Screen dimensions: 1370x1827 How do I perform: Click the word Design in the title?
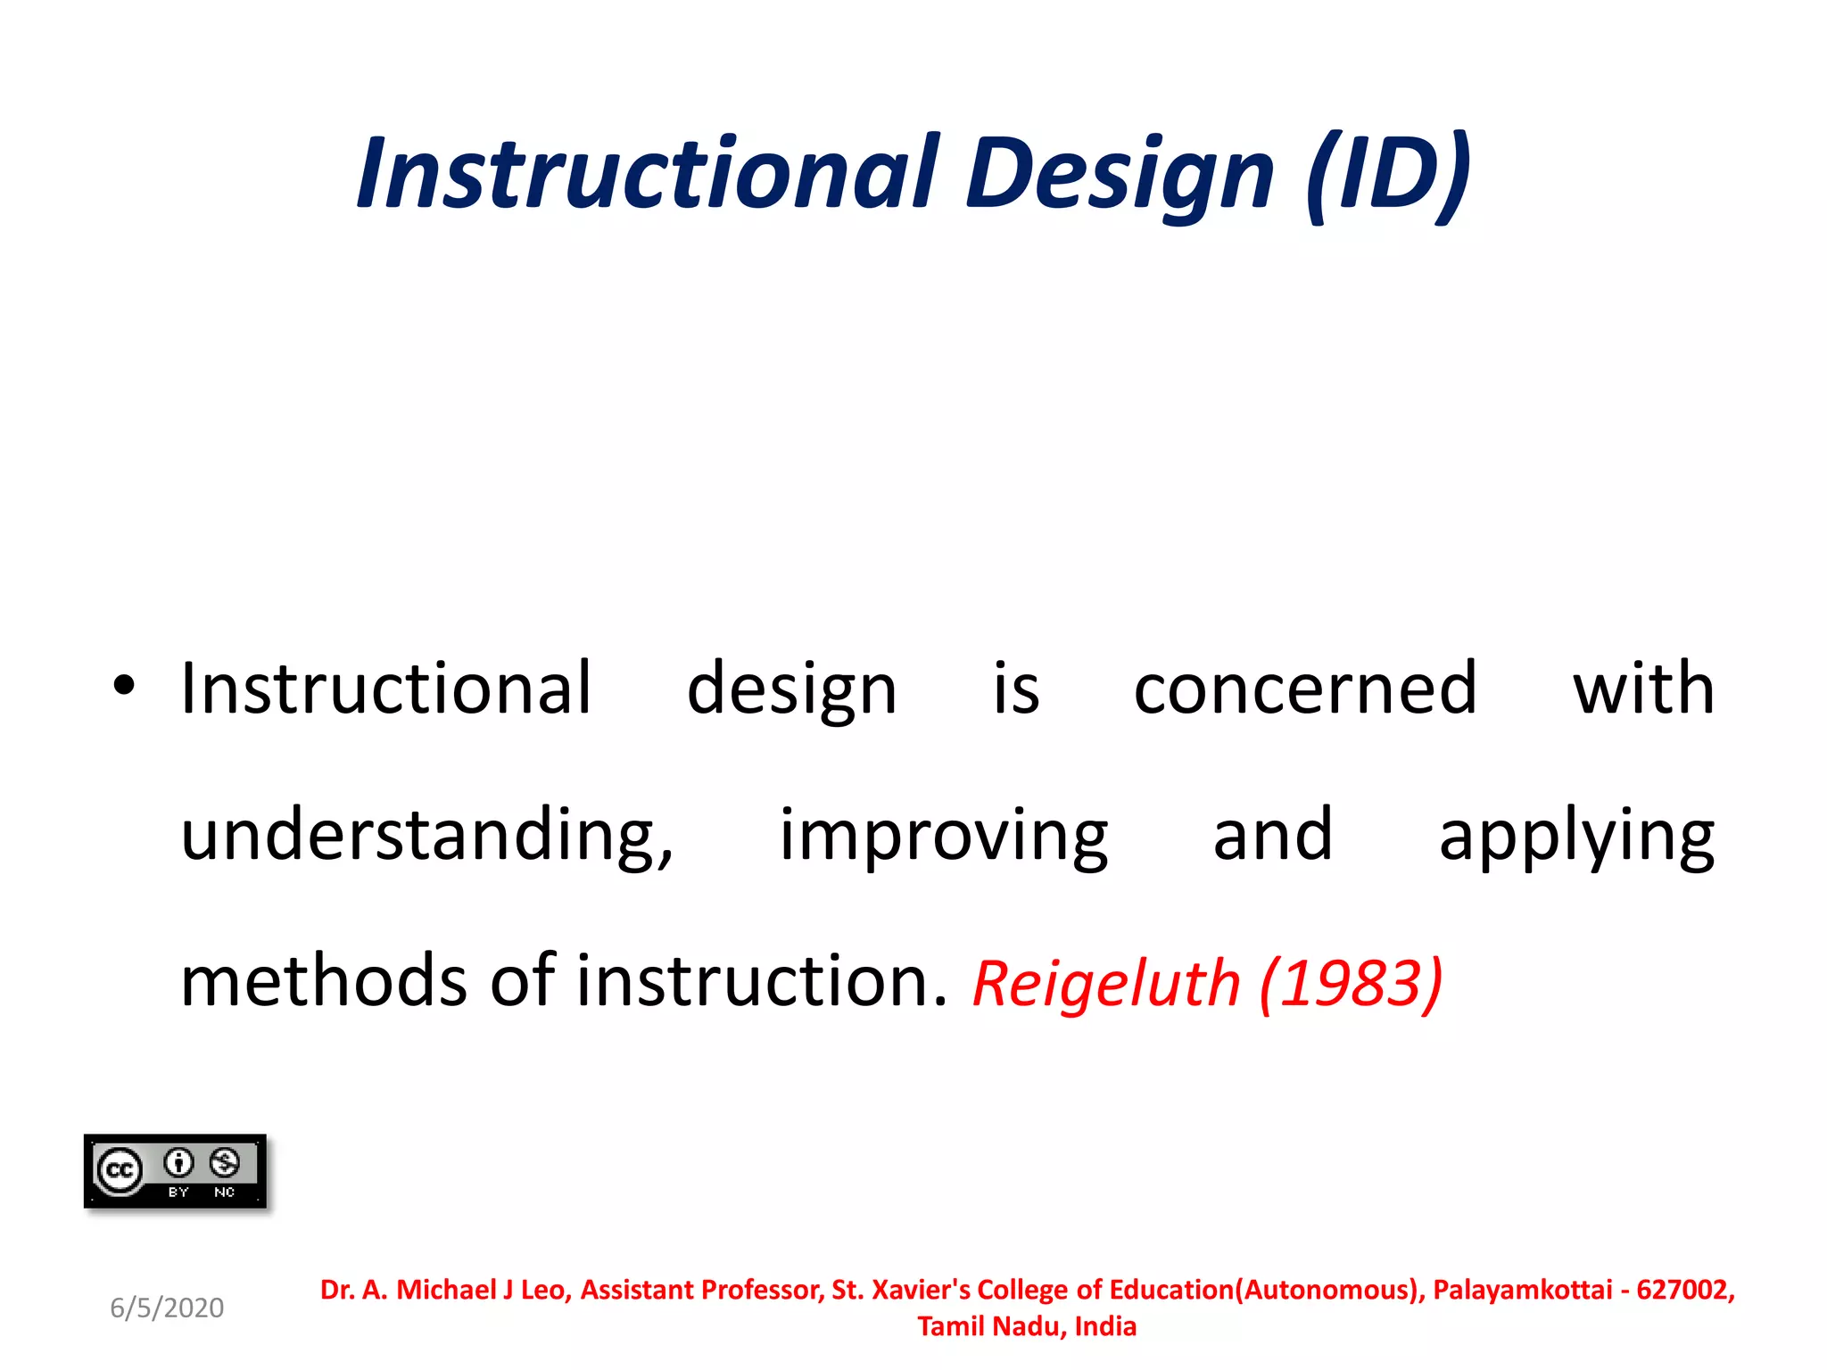click(x=1119, y=174)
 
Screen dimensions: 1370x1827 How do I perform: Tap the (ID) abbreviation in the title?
click(x=1386, y=174)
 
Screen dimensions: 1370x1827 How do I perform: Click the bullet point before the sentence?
click(x=124, y=685)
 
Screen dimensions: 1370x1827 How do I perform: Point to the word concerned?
click(x=1305, y=689)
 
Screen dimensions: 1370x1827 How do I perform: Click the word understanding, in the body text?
click(x=426, y=835)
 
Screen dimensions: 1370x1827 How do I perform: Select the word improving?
click(x=943, y=835)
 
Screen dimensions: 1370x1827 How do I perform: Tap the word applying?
click(x=1576, y=837)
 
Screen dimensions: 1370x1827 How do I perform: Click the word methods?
click(x=323, y=981)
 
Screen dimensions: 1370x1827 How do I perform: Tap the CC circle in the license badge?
click(x=120, y=1169)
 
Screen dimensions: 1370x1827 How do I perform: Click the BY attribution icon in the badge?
click(x=178, y=1163)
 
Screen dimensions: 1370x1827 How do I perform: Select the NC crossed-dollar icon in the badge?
click(x=225, y=1163)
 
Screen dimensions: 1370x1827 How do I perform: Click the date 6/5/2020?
click(x=167, y=1308)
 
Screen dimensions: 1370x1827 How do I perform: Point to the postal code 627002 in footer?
click(x=1682, y=1290)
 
